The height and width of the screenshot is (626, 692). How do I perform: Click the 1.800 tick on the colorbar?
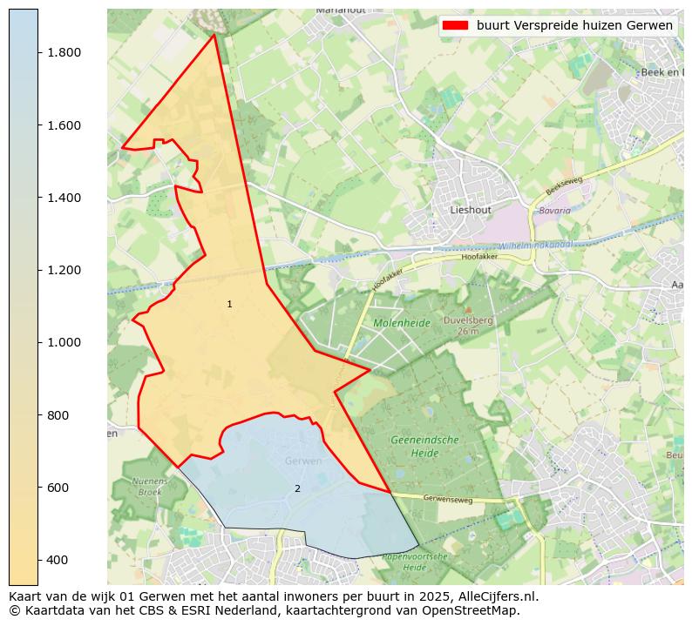pyautogui.click(x=64, y=52)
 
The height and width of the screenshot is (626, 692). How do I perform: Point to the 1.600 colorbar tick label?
pyautogui.click(x=64, y=125)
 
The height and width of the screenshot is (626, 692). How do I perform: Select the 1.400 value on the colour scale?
pyautogui.click(x=64, y=198)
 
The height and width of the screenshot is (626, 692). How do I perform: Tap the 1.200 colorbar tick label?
pyautogui.click(x=64, y=270)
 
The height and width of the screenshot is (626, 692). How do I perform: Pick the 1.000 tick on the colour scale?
pyautogui.click(x=64, y=342)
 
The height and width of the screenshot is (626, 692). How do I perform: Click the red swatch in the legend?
pyautogui.click(x=455, y=25)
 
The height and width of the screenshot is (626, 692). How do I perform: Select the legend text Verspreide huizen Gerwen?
pyautogui.click(x=575, y=25)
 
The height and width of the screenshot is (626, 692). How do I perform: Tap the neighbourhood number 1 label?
pyautogui.click(x=229, y=305)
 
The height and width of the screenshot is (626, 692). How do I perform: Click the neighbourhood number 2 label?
pyautogui.click(x=297, y=489)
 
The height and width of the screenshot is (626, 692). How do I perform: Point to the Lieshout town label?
pyautogui.click(x=471, y=210)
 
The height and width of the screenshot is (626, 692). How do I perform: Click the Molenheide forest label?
pyautogui.click(x=402, y=323)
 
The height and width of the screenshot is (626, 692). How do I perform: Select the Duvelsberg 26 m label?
pyautogui.click(x=468, y=325)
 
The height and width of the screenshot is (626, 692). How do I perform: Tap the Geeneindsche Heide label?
pyautogui.click(x=424, y=447)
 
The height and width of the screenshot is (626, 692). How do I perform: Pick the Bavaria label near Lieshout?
pyautogui.click(x=554, y=211)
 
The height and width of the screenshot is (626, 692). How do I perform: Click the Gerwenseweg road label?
pyautogui.click(x=448, y=500)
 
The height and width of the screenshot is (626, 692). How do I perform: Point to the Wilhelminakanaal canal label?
pyautogui.click(x=540, y=245)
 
